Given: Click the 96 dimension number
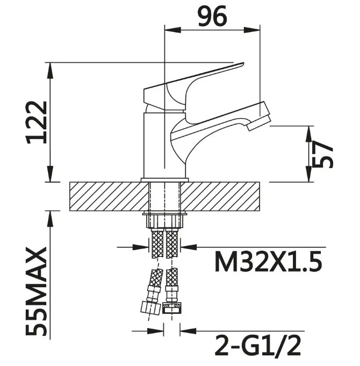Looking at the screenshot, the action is click(212, 16).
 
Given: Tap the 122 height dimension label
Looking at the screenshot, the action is click(37, 122).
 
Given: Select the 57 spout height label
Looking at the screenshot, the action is click(322, 155).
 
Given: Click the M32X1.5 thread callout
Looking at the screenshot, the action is click(268, 262).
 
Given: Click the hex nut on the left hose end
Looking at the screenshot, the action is click(151, 308).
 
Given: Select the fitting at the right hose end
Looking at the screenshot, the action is click(172, 309).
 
